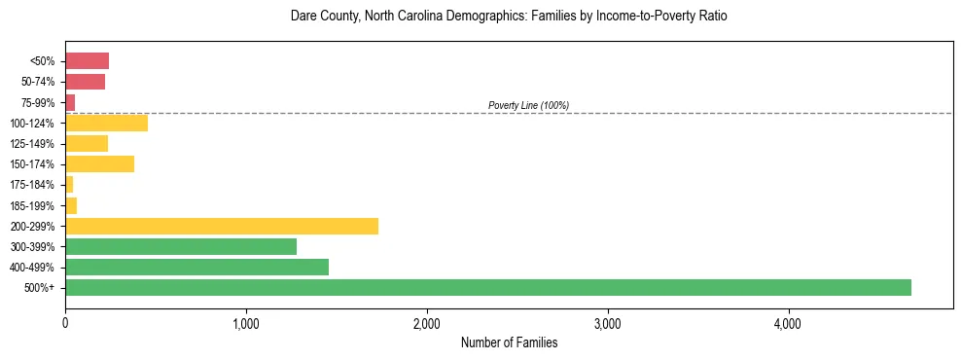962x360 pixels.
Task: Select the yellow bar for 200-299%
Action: [x=222, y=226]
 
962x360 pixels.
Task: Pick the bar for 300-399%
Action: [x=181, y=246]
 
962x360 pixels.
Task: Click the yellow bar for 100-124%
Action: [x=106, y=123]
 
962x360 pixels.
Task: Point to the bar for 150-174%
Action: [x=99, y=163]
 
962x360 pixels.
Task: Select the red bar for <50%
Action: [x=87, y=61]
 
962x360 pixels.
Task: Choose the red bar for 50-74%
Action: [x=85, y=82]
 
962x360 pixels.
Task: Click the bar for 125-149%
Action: [x=87, y=143]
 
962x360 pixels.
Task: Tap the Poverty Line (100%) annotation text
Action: [x=528, y=105]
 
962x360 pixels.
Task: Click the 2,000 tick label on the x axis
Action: [x=427, y=324]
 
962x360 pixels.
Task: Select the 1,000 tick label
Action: [x=246, y=324]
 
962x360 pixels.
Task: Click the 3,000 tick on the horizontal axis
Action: [x=608, y=324]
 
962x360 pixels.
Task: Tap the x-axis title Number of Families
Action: [x=509, y=342]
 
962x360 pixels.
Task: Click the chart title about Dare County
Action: [x=509, y=17]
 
